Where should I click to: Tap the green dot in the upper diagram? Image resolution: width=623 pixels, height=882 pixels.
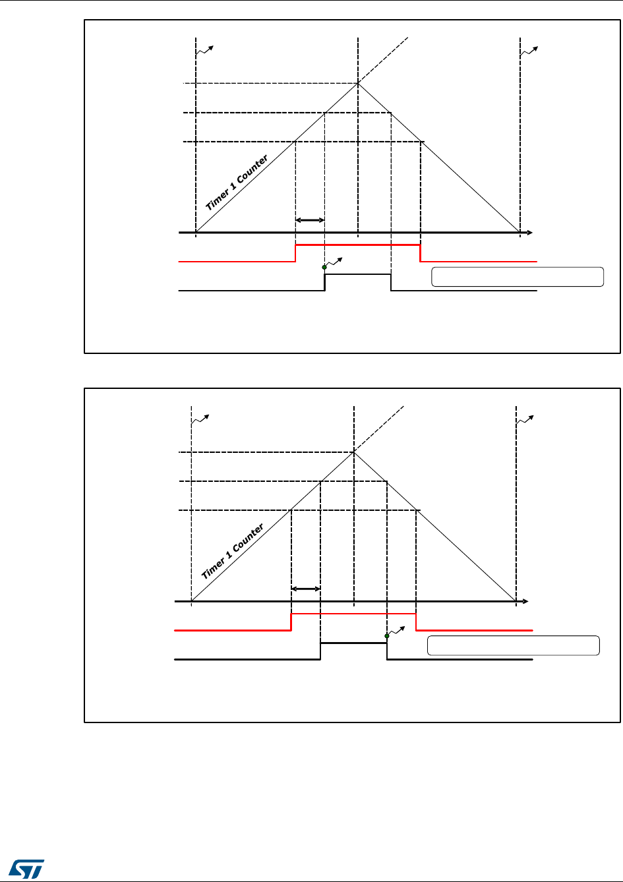click(x=324, y=268)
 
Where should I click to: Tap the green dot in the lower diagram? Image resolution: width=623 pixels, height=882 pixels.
click(x=386, y=636)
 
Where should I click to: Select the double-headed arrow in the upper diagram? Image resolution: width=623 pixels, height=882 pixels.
click(x=310, y=220)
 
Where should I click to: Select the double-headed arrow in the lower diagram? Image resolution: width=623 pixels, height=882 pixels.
click(x=306, y=589)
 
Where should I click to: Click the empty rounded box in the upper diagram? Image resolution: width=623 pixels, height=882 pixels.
click(x=518, y=277)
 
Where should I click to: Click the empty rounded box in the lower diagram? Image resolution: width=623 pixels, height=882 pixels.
click(x=514, y=645)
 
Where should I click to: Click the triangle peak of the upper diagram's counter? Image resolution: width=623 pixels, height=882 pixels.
click(x=358, y=84)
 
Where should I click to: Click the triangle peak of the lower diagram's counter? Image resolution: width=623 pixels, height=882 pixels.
click(x=354, y=452)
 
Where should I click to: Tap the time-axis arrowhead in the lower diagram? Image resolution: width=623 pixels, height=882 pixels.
click(x=525, y=601)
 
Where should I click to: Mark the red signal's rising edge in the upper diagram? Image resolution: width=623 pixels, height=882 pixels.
click(x=295, y=253)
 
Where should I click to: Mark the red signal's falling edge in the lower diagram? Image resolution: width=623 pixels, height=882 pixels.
click(x=416, y=622)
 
